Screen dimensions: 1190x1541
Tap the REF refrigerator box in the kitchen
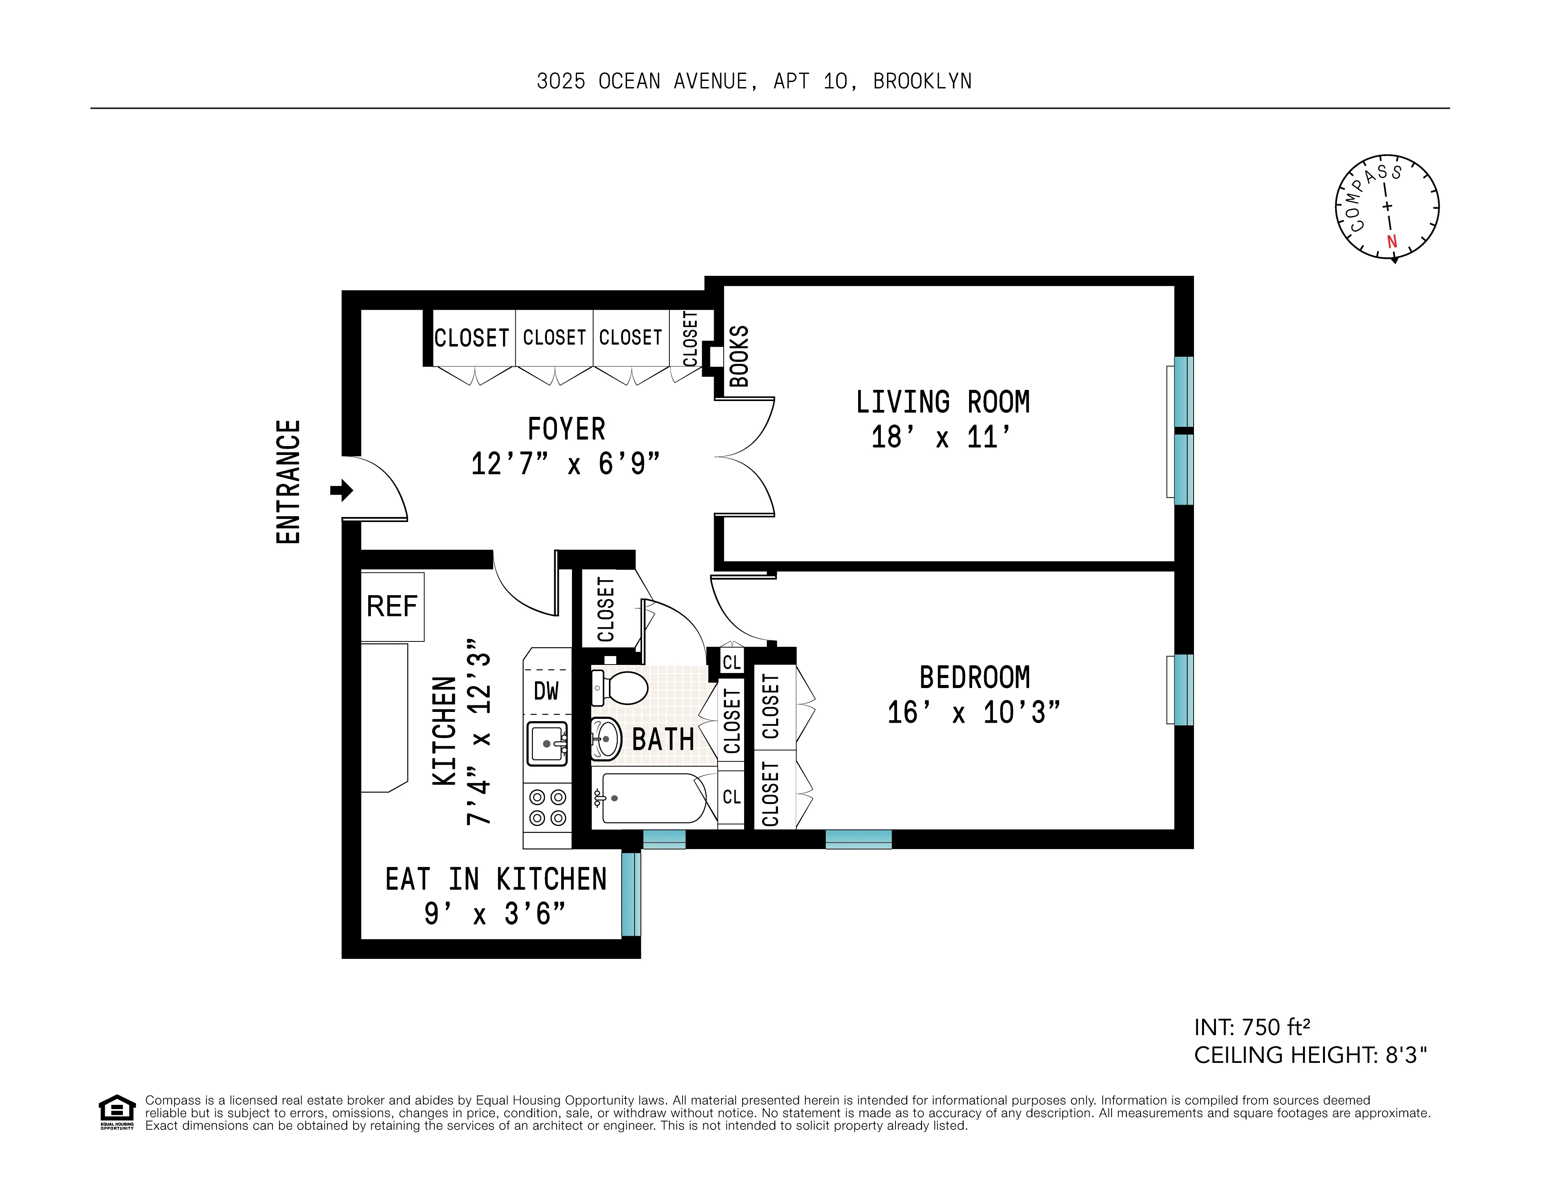[392, 606]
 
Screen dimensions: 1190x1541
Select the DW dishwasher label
[546, 691]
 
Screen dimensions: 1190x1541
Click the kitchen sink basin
[548, 743]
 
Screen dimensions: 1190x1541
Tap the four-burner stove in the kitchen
[548, 807]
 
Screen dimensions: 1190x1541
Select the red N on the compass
[1392, 242]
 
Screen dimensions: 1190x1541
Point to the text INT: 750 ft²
[1253, 1027]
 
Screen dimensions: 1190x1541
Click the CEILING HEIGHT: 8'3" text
[1310, 1055]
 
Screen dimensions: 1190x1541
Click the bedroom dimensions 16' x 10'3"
[974, 713]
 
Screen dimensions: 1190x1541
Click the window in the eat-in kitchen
[631, 894]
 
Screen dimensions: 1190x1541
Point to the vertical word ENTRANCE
[288, 482]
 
